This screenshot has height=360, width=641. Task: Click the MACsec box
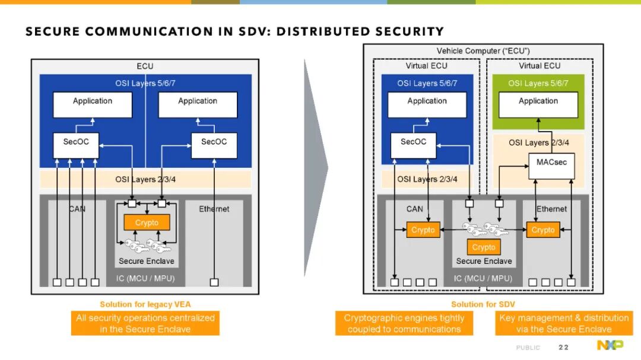click(x=551, y=166)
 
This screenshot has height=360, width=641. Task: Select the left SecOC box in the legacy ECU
click(x=76, y=145)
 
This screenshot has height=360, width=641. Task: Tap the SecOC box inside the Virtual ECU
click(x=413, y=145)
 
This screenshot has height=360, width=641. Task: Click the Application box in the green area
click(x=538, y=105)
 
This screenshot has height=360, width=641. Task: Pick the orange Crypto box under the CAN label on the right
click(x=423, y=230)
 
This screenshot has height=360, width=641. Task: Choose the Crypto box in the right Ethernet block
click(x=543, y=230)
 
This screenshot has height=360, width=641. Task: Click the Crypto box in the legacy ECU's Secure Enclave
click(x=147, y=222)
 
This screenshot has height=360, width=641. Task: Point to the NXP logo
click(x=610, y=345)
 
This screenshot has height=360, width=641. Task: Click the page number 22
click(x=563, y=348)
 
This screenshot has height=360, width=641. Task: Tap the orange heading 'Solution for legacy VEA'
click(x=145, y=304)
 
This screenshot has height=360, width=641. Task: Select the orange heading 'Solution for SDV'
click(x=483, y=304)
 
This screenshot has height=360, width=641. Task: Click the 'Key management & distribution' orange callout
click(x=564, y=323)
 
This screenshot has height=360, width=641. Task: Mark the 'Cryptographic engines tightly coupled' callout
click(x=404, y=323)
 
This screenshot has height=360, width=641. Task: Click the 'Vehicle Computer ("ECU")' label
click(x=483, y=51)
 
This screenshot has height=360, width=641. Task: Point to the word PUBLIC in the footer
click(x=528, y=348)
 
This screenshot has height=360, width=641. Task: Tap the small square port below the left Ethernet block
click(x=214, y=282)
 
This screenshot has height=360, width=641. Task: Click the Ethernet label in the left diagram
click(x=214, y=209)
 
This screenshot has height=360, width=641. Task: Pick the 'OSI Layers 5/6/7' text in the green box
click(x=538, y=84)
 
